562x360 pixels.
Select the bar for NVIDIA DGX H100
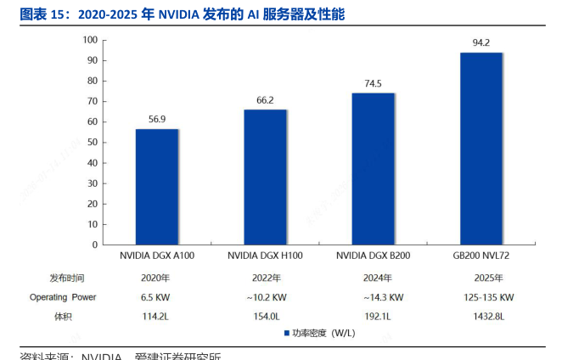tap(265, 177)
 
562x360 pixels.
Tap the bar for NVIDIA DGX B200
tap(373, 168)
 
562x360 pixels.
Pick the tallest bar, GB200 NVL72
tap(481, 149)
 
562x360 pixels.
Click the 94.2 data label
tap(481, 42)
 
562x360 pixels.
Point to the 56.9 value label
tap(157, 119)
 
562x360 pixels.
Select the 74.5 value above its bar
tap(373, 83)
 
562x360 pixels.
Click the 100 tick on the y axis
tap(90, 40)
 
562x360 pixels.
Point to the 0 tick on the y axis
tap(95, 245)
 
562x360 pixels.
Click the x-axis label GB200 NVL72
tap(481, 255)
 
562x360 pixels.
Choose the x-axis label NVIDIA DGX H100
tap(265, 255)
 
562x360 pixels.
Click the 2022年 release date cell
tap(265, 278)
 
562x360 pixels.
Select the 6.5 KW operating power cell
tap(157, 297)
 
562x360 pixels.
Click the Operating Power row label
tap(63, 297)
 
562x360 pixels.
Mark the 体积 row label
tap(63, 317)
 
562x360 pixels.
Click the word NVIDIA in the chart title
tap(179, 14)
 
